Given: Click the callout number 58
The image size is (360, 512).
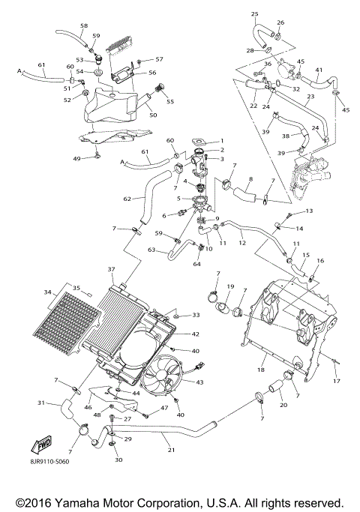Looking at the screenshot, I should pos(83,25).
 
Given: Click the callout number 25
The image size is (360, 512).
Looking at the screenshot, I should pos(254,14).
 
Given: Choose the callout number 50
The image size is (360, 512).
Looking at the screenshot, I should pos(154,115).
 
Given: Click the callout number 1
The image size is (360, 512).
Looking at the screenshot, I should pos(221,141).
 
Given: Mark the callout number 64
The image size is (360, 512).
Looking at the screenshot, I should pos(198,263).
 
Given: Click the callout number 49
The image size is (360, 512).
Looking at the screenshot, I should pos(97,159).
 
